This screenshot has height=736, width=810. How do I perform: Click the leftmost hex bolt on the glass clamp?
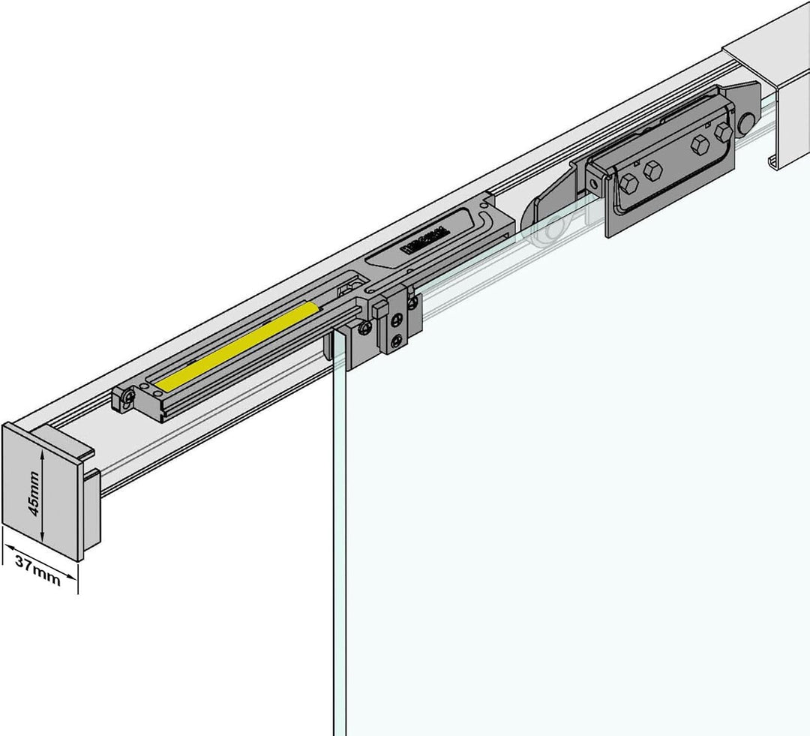tap(628, 182)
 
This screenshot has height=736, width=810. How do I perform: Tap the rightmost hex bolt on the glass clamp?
tap(723, 133)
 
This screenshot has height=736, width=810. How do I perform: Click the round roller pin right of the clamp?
tap(747, 123)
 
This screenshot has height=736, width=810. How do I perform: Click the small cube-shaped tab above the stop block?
tap(379, 308)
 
